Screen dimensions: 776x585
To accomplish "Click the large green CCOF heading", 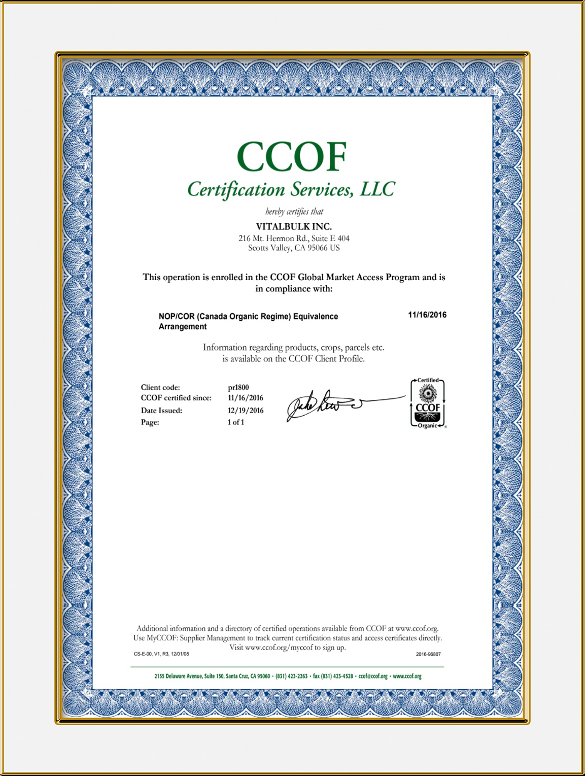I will pos(292,156).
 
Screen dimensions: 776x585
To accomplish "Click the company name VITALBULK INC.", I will pos(294,226).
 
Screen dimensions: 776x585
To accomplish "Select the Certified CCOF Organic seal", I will pos(428,403).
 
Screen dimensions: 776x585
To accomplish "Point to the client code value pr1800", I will pos(238,387).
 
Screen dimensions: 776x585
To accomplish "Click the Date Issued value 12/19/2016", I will pos(246,411).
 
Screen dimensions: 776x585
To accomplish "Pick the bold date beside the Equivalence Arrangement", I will pos(427,315).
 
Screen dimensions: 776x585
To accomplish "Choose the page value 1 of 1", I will pos(236,422).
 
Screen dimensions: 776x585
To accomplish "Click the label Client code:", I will pos(160,387).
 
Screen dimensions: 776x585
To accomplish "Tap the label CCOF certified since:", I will pos(176,398).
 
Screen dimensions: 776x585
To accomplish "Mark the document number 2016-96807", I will pos(428,654).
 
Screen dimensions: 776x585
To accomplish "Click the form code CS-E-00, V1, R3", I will pos(161,654).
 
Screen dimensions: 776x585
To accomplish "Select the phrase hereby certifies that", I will pos(294,212).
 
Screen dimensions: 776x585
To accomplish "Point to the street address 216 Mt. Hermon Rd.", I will pos(294,238).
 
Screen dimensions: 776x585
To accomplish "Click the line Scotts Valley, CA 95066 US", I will pos(294,248).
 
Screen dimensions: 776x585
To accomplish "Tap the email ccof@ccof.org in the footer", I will pos(373,676).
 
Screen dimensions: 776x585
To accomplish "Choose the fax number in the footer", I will pos(333,676).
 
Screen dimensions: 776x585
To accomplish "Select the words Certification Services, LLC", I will pos(291,189).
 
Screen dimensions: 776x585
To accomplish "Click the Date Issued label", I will pos(161,411).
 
